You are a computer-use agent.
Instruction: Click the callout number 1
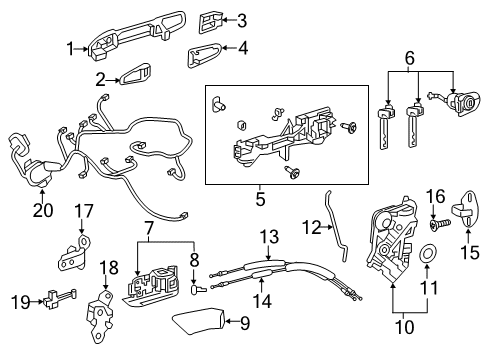(71, 47)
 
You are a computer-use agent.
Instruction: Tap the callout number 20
(43, 211)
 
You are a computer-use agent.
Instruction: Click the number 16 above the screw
(436, 194)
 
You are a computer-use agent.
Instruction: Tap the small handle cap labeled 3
(209, 19)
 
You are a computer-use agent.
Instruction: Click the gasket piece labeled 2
(134, 77)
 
